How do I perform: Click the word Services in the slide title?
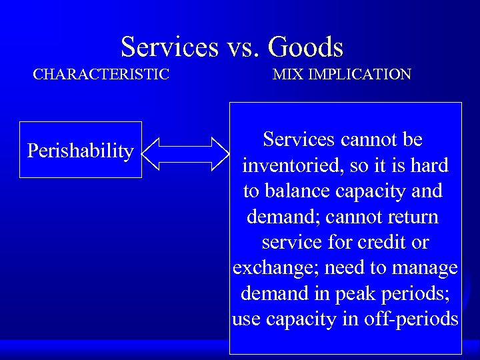coord(169,47)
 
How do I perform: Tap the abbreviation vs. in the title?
coord(243,47)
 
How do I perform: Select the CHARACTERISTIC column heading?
coord(101,74)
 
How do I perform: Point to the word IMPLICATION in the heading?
coord(359,74)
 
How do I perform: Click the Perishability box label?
coord(80,151)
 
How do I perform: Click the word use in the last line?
coord(247,319)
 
